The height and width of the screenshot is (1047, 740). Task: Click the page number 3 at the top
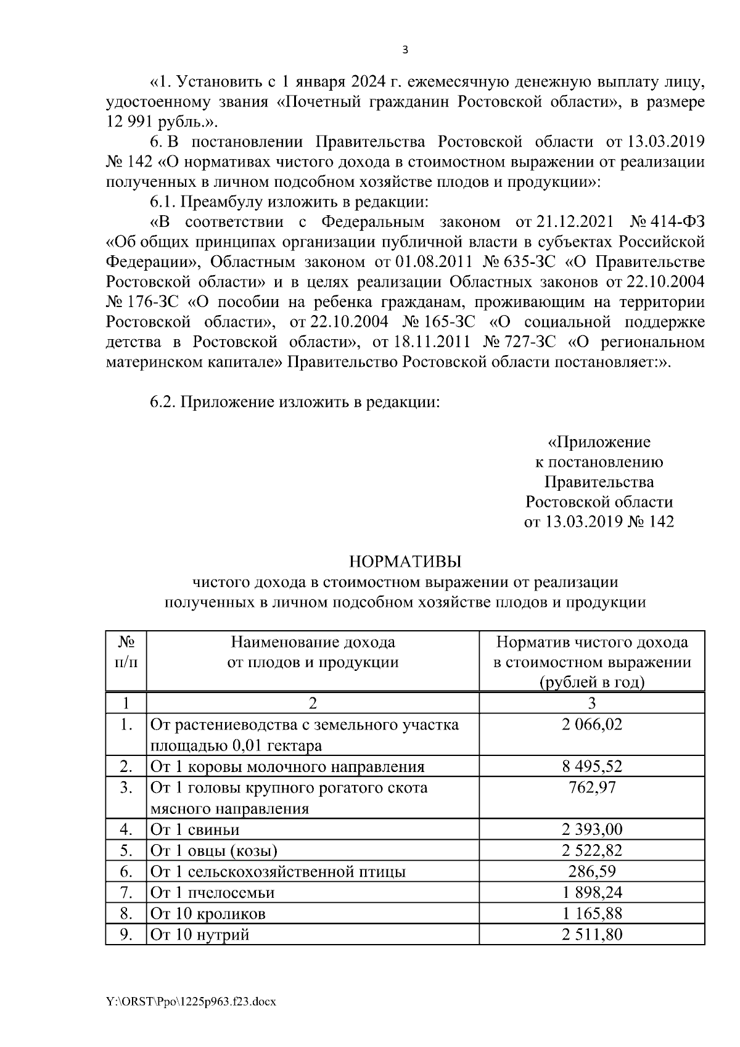tap(405, 50)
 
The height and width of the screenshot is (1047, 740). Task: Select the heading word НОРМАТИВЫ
tap(405, 561)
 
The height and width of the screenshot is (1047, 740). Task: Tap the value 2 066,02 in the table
tap(592, 725)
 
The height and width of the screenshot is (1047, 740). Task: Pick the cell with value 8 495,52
tap(592, 766)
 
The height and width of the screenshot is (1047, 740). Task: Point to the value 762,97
tap(592, 787)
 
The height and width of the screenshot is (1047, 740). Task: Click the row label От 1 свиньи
tap(195, 829)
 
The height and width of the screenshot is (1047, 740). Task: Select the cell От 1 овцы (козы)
tap(214, 851)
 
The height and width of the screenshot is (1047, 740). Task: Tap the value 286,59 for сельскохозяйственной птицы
tap(592, 871)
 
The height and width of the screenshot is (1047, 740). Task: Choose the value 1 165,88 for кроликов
tap(592, 913)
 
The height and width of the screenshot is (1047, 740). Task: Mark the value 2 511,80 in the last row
tap(592, 934)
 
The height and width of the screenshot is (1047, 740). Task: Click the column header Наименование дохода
tap(313, 643)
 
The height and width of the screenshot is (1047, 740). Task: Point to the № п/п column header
tap(126, 652)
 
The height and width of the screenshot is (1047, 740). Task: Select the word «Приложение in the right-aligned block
tap(599, 442)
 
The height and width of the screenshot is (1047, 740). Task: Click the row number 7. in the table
tap(126, 892)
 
